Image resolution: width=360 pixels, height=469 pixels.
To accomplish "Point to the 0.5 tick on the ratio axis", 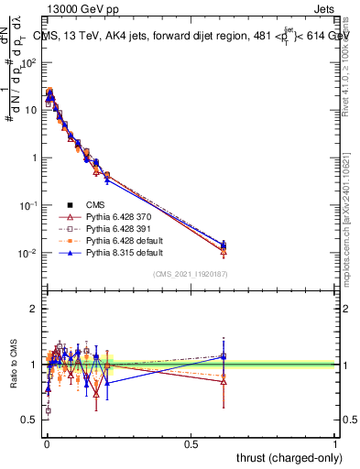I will (x=28, y=420).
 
